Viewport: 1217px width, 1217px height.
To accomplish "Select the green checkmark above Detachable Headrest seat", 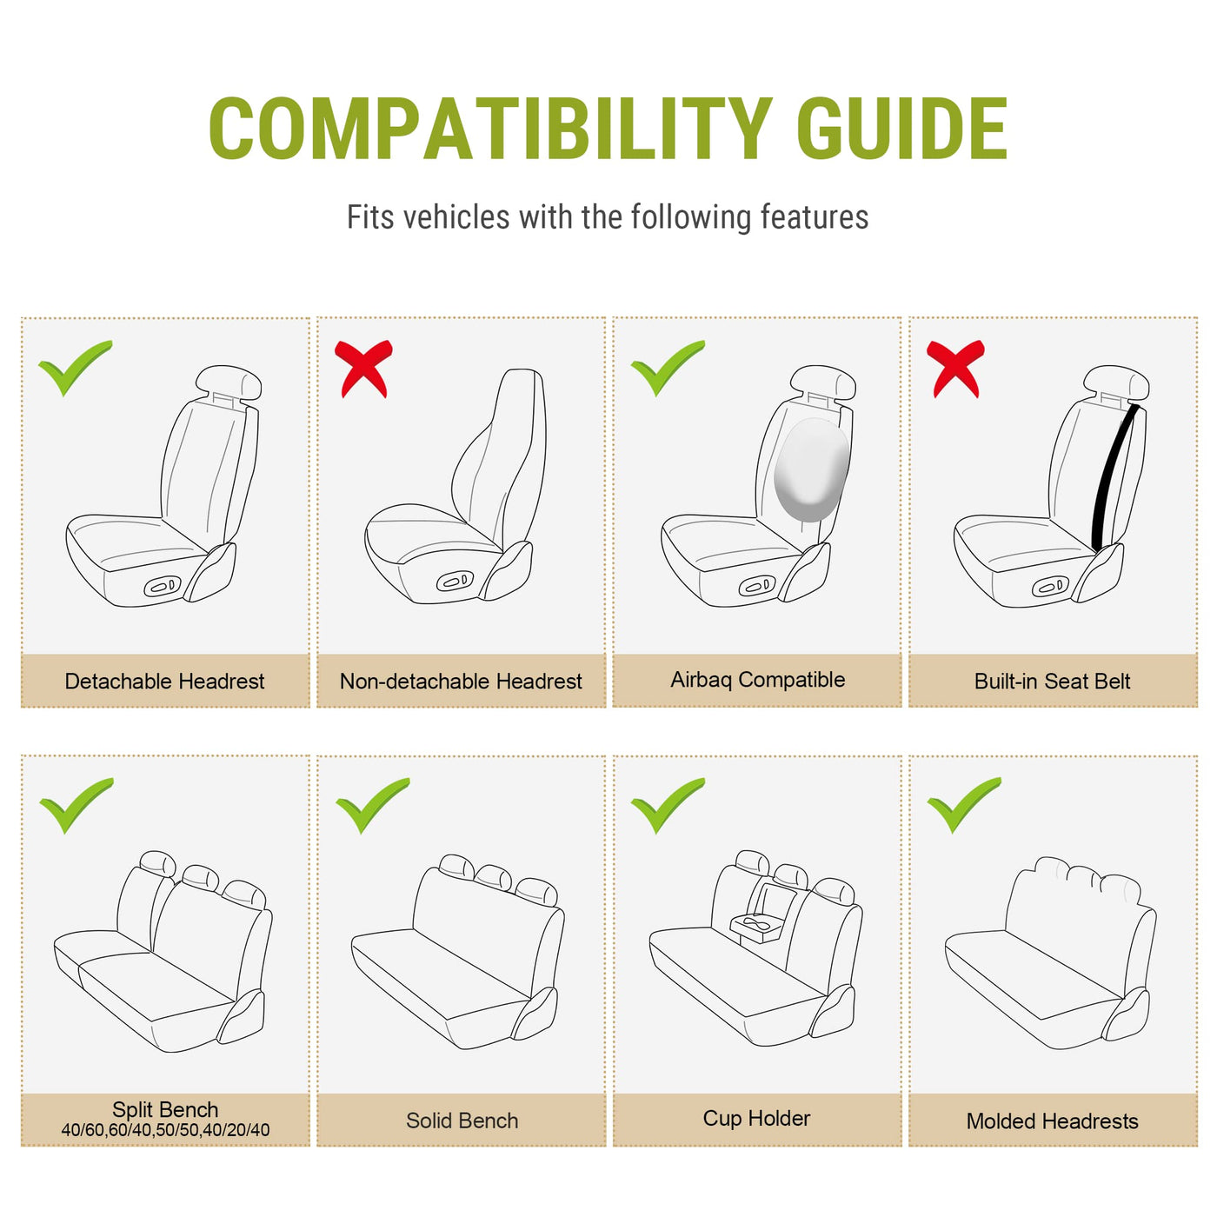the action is (x=75, y=368).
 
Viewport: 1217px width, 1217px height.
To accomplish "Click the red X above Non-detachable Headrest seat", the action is (x=363, y=369).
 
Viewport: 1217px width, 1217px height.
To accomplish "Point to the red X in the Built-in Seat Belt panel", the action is (x=954, y=369).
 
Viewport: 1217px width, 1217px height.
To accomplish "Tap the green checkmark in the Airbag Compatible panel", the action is (x=667, y=368).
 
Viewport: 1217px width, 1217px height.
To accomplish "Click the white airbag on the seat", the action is (x=812, y=469).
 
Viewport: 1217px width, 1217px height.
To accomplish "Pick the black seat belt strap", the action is (x=1114, y=477).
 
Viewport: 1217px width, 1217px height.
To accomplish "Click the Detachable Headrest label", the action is (x=164, y=681).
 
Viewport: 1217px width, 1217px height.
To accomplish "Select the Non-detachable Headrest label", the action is (x=461, y=681).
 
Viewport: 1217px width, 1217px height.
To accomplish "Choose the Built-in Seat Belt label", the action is (x=1052, y=681).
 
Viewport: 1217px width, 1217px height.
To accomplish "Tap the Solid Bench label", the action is (x=462, y=1121).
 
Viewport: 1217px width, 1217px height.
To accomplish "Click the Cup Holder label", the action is (x=756, y=1119).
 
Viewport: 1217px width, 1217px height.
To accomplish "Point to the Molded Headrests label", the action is (x=1052, y=1121).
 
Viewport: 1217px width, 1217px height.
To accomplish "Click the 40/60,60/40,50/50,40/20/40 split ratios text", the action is (x=165, y=1130).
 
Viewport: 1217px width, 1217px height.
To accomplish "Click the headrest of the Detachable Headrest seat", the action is (x=228, y=382).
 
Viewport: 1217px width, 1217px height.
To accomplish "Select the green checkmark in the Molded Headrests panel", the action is (x=964, y=805).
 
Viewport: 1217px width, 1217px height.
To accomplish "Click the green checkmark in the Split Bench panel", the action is (x=76, y=806).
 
